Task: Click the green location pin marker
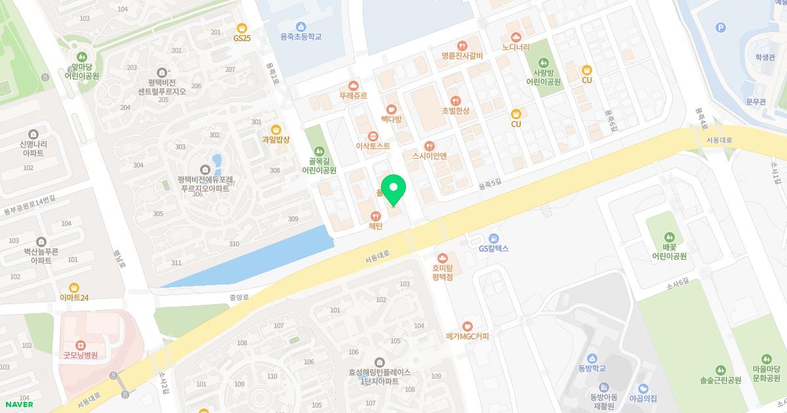point(393,189)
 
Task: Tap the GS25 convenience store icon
point(242,28)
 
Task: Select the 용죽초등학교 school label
point(300,37)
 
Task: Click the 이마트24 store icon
point(73,287)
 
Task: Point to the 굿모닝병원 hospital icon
point(80,344)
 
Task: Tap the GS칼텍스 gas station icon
point(493,238)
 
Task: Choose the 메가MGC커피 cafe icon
point(467,326)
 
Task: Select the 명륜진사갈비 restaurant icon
point(462,45)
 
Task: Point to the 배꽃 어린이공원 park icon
point(669,237)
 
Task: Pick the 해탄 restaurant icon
point(376,216)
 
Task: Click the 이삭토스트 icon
point(373,136)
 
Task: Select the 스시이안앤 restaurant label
point(429,156)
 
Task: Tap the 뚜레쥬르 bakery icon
point(353,85)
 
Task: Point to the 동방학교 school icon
point(592,358)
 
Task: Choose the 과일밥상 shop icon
point(275,129)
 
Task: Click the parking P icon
point(721,28)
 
